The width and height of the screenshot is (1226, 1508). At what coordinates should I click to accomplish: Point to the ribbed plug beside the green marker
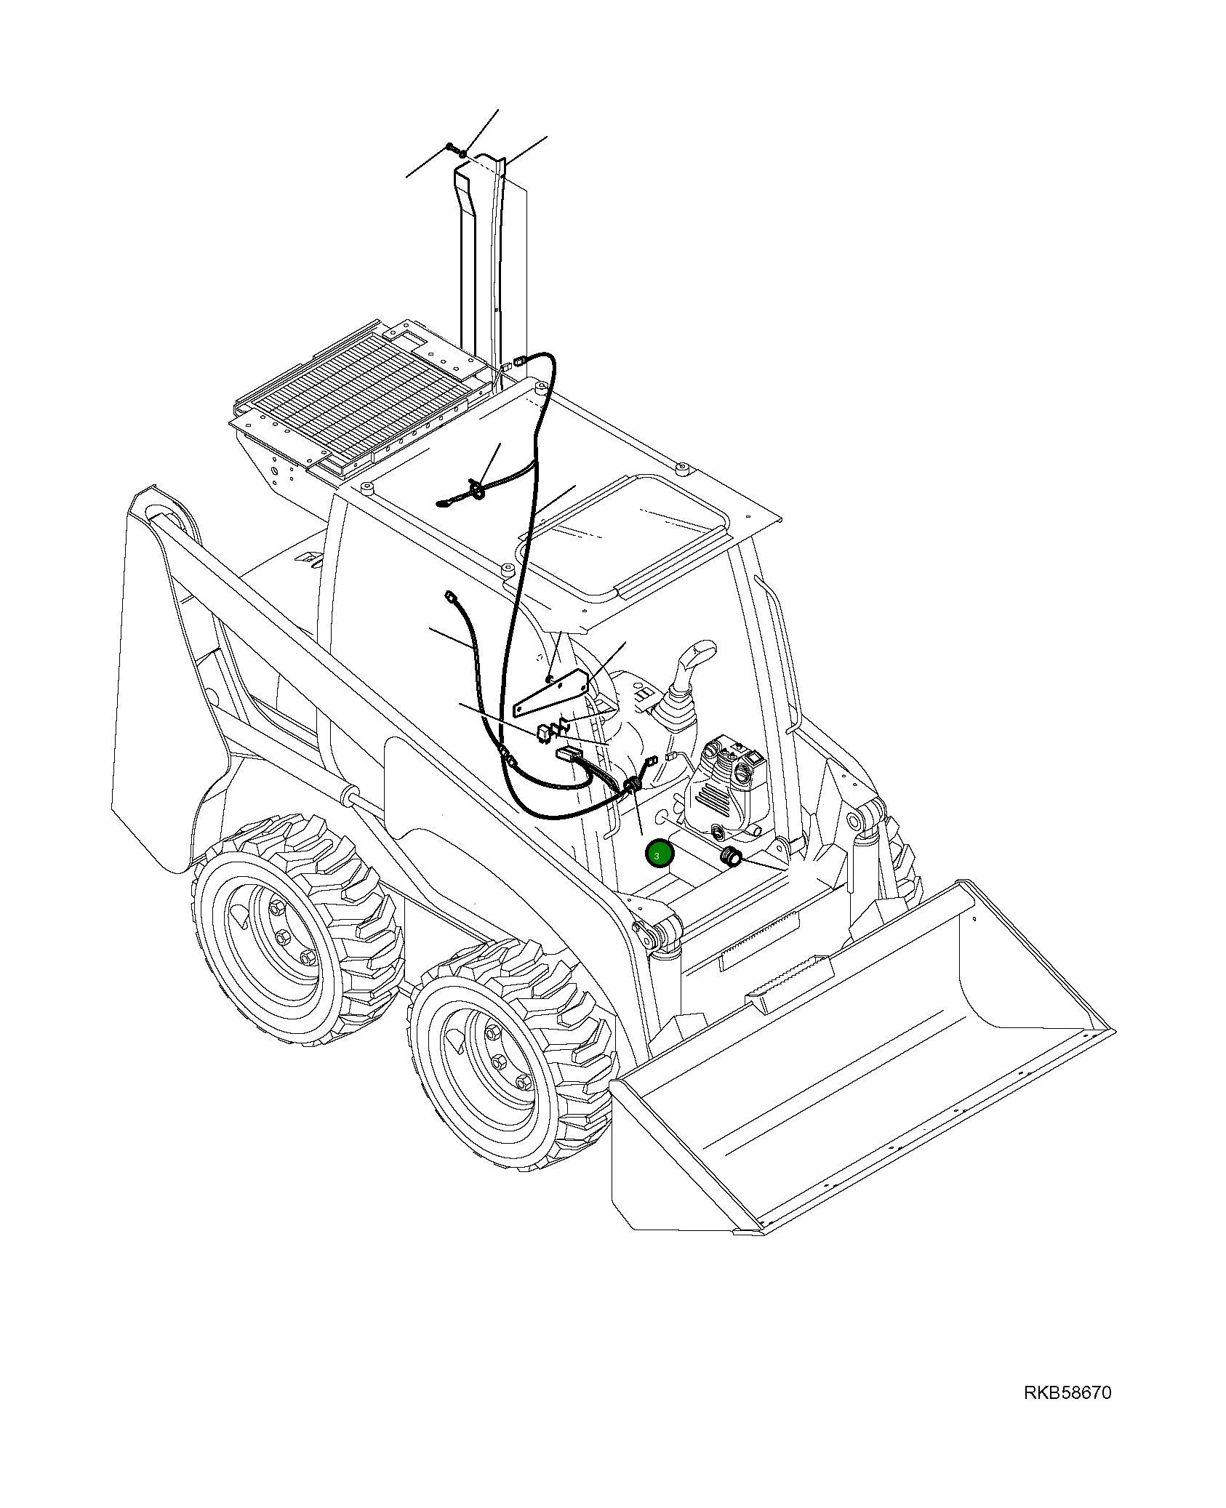[x=729, y=858]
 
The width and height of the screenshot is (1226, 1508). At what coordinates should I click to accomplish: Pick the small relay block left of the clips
[x=543, y=732]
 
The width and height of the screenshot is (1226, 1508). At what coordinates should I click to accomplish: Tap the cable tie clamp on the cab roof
[x=478, y=493]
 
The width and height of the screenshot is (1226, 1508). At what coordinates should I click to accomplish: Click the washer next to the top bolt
[x=463, y=154]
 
